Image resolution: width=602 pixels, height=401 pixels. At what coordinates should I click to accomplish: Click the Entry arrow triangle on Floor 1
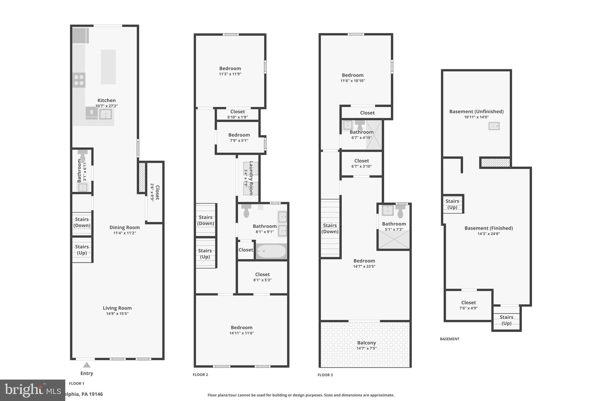[x=86, y=365]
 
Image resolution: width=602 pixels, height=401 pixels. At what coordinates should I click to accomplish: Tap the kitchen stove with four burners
[x=79, y=80]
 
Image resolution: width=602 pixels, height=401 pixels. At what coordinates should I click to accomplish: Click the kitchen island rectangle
[x=108, y=67]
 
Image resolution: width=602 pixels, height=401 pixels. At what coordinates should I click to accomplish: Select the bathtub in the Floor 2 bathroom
[x=271, y=251]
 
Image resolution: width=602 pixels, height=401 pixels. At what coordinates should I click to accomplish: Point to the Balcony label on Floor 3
[x=366, y=343]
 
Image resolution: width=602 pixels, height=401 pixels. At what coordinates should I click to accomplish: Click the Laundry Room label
[x=251, y=178]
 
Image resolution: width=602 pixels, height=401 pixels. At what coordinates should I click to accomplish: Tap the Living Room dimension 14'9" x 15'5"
[x=117, y=313]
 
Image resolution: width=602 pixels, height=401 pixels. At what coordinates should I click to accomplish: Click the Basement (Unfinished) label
[x=476, y=111]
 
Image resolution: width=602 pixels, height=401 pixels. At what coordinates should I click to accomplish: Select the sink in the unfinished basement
[x=494, y=126]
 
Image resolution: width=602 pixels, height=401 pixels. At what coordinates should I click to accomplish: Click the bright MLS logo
[x=32, y=390]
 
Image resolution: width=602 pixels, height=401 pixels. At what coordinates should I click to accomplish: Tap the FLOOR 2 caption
[x=200, y=375]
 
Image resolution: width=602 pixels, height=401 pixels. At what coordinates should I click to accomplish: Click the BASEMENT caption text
[x=449, y=339]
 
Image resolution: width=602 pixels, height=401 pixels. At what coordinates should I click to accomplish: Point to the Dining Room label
[x=124, y=227]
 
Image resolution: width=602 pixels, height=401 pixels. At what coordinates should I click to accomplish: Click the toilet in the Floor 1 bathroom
[x=83, y=155]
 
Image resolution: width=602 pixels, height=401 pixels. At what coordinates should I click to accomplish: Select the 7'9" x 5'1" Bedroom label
[x=239, y=135]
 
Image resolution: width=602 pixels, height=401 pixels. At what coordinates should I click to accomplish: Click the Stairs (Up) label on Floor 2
[x=205, y=254]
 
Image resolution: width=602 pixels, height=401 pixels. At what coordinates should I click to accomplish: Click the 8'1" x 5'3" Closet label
[x=262, y=274]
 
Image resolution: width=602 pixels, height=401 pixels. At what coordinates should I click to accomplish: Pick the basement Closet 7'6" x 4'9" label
[x=468, y=302]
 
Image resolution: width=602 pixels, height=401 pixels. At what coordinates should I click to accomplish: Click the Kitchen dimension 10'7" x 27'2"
[x=106, y=106]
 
